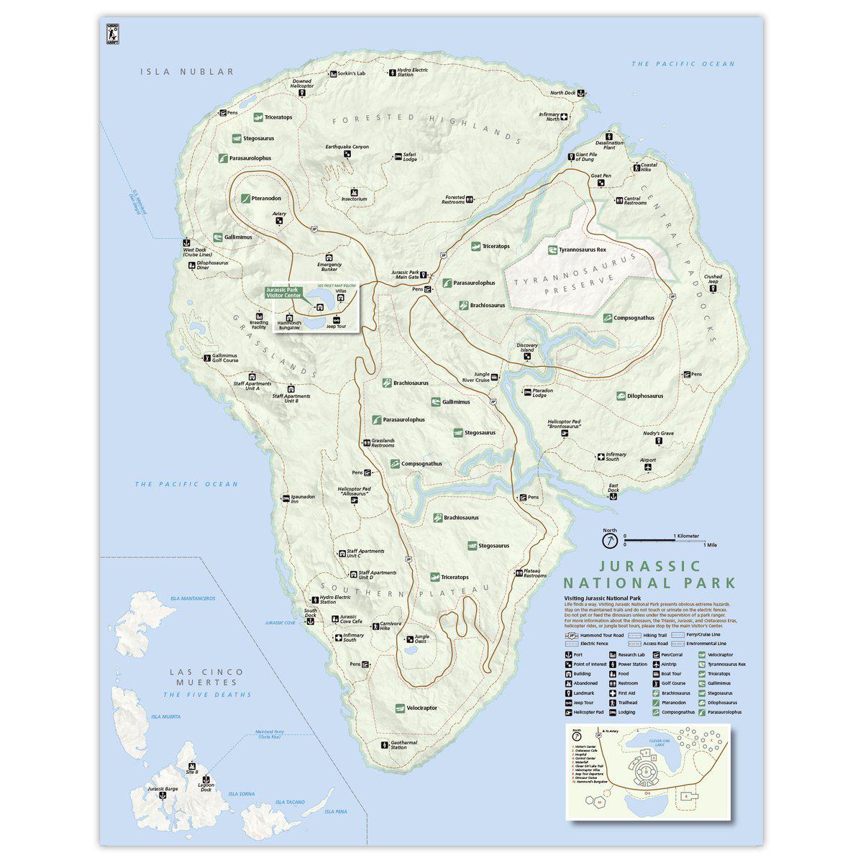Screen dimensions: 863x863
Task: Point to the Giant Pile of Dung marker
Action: click(571, 156)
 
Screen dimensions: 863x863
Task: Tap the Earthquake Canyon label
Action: click(347, 147)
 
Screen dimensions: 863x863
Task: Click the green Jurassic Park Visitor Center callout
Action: click(285, 292)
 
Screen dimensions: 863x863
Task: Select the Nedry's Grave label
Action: click(658, 433)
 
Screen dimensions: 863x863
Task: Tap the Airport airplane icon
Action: click(648, 468)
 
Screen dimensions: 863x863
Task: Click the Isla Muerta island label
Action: click(165, 717)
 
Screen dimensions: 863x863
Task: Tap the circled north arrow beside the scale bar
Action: click(610, 539)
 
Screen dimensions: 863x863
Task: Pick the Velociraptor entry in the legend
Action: click(719, 654)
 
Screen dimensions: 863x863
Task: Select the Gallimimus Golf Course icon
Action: click(206, 357)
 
